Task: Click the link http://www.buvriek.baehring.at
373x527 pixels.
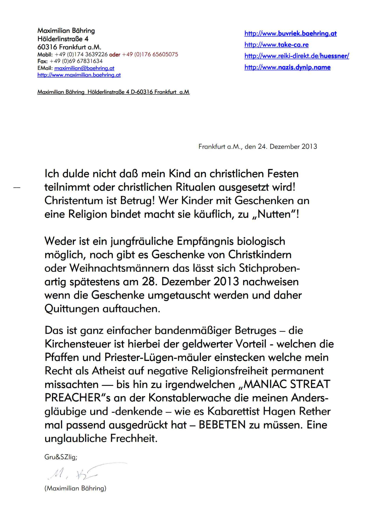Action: tap(290, 33)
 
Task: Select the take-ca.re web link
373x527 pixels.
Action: tap(276, 45)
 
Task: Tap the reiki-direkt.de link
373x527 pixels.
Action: tap(296, 56)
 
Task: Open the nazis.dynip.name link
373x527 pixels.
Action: tap(287, 67)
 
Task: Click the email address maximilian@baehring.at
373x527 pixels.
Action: tap(84, 68)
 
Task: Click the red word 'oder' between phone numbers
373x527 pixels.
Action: tap(115, 54)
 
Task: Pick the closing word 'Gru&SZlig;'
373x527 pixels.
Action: tap(61, 457)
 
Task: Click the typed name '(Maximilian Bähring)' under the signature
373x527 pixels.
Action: tap(75, 488)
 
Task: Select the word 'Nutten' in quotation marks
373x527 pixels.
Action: tap(274, 214)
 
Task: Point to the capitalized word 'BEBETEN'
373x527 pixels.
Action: tap(222, 425)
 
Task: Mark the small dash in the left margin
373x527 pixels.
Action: tap(17, 188)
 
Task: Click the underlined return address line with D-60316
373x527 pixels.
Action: tap(113, 92)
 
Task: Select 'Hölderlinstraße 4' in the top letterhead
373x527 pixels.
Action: tap(63, 39)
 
